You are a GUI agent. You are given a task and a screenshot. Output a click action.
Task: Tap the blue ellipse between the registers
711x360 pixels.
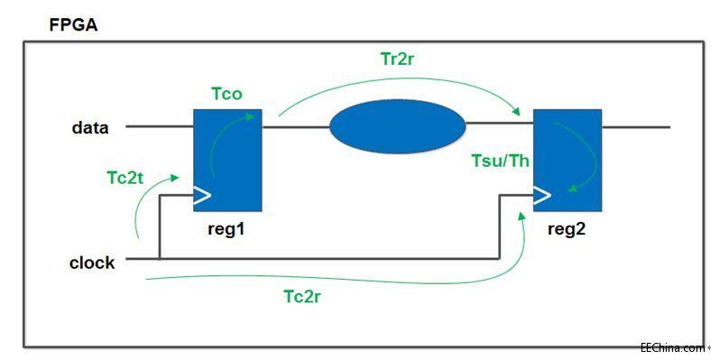pos(398,128)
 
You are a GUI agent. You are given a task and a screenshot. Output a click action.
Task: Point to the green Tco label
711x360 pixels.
pos(227,94)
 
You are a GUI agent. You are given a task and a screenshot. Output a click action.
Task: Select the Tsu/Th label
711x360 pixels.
pos(499,162)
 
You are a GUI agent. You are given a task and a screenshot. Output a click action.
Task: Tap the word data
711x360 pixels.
pos(90,128)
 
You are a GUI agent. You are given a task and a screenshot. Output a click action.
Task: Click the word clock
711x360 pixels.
pos(92,263)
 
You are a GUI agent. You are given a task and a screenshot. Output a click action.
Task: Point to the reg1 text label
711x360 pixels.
pos(226,229)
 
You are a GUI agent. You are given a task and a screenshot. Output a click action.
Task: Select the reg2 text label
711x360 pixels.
pos(568,229)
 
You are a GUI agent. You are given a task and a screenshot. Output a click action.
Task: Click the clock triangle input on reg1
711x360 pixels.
pos(202,194)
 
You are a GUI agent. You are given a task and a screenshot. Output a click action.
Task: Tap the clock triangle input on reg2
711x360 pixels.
pos(542,194)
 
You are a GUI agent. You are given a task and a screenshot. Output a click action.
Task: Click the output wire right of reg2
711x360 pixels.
pos(635,127)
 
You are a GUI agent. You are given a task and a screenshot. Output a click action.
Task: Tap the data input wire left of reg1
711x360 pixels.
pos(159,127)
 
